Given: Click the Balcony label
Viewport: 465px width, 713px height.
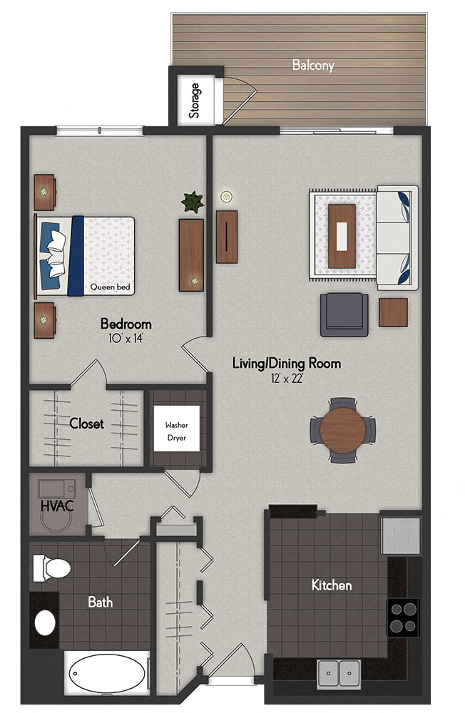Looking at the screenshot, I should [x=313, y=65].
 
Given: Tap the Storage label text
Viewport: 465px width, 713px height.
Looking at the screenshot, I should [x=194, y=101].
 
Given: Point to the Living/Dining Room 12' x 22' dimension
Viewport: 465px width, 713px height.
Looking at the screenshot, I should [x=286, y=379].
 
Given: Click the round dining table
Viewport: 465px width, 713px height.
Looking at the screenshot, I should [x=342, y=430].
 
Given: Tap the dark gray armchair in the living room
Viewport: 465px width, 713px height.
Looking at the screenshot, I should [x=344, y=314].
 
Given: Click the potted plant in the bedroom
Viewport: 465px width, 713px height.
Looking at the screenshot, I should [x=193, y=202].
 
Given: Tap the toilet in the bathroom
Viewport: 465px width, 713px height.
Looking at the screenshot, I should [x=52, y=568].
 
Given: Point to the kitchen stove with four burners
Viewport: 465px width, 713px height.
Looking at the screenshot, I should [x=403, y=617].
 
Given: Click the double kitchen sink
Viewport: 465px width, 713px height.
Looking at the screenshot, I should [x=339, y=671].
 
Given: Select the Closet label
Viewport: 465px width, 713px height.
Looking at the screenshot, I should [x=86, y=424].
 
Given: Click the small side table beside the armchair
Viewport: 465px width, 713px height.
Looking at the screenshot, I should [x=393, y=312].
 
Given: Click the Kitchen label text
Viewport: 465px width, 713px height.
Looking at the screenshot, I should [x=332, y=585].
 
